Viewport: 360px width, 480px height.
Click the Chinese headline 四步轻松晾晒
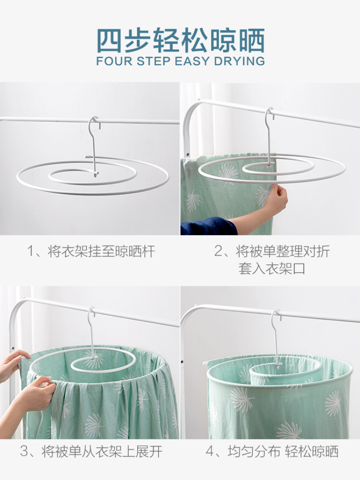pyautogui.click(x=180, y=40)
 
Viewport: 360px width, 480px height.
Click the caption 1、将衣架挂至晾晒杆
pyautogui.click(x=91, y=251)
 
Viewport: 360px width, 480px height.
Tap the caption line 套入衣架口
pyautogui.click(x=272, y=269)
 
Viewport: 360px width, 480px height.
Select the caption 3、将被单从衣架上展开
pyautogui.click(x=91, y=452)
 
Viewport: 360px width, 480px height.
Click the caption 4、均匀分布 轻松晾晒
pyautogui.click(x=272, y=452)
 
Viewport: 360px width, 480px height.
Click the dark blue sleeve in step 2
pyautogui.click(x=209, y=226)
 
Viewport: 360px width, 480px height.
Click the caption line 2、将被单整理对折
pyautogui.click(x=272, y=251)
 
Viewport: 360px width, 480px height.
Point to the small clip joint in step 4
pyautogui.click(x=278, y=365)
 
